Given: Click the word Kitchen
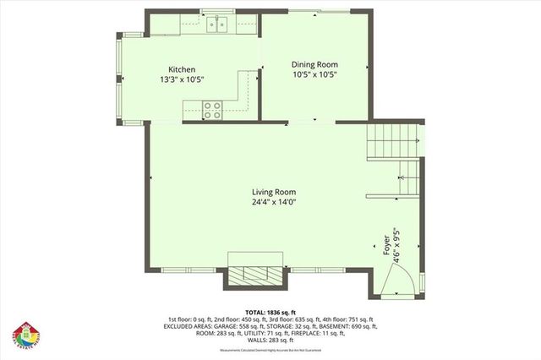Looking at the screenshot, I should coord(182,69).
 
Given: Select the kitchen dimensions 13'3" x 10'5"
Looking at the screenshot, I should coord(182,79).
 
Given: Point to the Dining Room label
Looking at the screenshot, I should coord(314,64).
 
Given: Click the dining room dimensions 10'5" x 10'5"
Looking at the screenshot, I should coord(314,74).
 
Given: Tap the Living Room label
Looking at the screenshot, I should coord(273,192).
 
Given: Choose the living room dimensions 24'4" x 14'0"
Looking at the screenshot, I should coord(273,202).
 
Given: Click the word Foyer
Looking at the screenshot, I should coord(386,245).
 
